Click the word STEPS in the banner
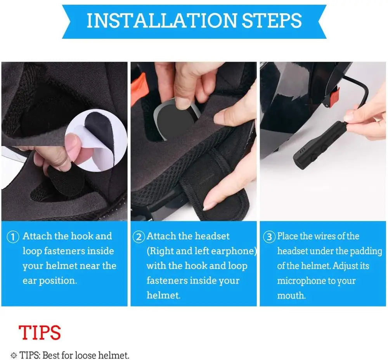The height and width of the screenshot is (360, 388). click(x=272, y=21)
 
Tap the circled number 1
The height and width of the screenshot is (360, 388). click(x=13, y=237)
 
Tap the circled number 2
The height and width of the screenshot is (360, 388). click(x=139, y=237)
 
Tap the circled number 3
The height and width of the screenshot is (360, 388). click(x=269, y=237)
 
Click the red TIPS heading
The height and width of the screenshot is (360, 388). click(x=40, y=332)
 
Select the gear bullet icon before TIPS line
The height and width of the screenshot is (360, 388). click(x=14, y=355)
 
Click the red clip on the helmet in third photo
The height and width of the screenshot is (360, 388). click(x=333, y=97)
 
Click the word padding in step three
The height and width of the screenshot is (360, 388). click(x=366, y=251)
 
